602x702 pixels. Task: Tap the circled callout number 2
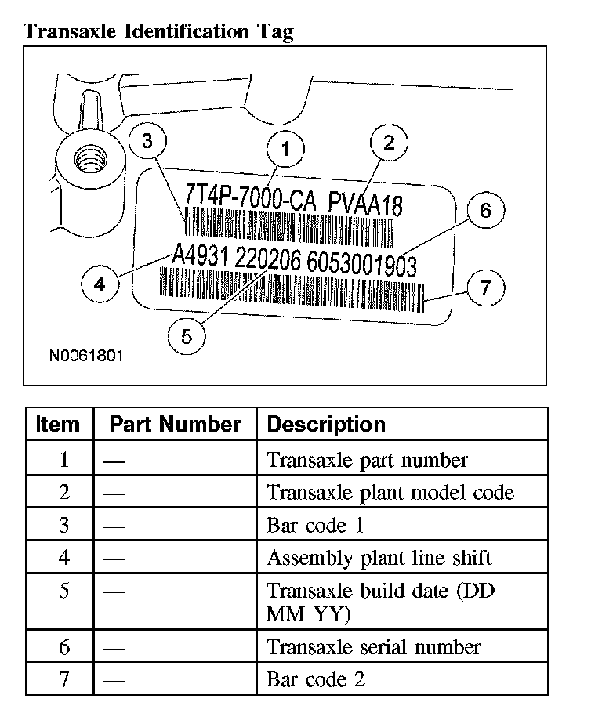click(x=390, y=142)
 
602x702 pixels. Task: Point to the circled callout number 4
click(x=100, y=284)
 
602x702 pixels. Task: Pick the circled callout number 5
click(x=187, y=336)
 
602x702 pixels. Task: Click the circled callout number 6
click(x=485, y=211)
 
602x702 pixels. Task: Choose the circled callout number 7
click(x=486, y=288)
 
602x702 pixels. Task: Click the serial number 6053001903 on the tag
click(x=361, y=265)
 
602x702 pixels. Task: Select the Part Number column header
click(x=175, y=425)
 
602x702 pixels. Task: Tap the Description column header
click(x=326, y=425)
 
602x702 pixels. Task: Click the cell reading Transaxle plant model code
click(x=390, y=492)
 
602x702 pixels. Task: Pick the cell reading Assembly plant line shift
click(x=379, y=558)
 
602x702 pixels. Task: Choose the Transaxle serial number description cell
click(x=373, y=647)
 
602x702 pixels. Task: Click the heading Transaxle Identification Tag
click(x=159, y=31)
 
